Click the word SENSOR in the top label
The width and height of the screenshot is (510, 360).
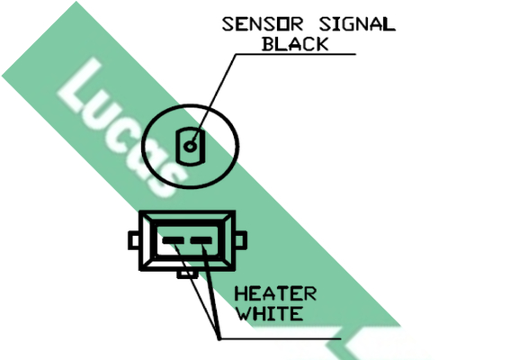click(263, 24)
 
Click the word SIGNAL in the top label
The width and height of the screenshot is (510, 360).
click(357, 24)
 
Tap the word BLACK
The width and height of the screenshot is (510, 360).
click(295, 44)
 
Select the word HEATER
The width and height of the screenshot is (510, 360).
click(275, 293)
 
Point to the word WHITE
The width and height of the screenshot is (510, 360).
click(269, 313)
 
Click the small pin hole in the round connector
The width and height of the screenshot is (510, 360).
click(190, 147)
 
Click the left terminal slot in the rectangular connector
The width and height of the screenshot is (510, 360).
click(174, 240)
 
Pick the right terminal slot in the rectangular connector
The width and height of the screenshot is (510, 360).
click(201, 240)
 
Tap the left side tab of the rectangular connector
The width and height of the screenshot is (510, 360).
click(134, 240)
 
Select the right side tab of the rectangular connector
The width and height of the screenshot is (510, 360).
click(241, 240)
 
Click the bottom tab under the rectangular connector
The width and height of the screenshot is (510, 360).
click(187, 274)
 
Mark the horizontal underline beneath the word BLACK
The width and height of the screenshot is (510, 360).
click(296, 54)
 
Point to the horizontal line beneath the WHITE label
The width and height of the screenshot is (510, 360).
click(280, 338)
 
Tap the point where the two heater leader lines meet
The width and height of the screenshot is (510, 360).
click(219, 338)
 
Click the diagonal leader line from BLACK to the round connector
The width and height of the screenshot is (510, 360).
click(213, 100)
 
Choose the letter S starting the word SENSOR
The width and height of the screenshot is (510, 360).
click(228, 24)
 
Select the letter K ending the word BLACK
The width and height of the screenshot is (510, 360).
click(321, 44)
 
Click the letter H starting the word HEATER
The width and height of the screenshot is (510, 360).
click(241, 293)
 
